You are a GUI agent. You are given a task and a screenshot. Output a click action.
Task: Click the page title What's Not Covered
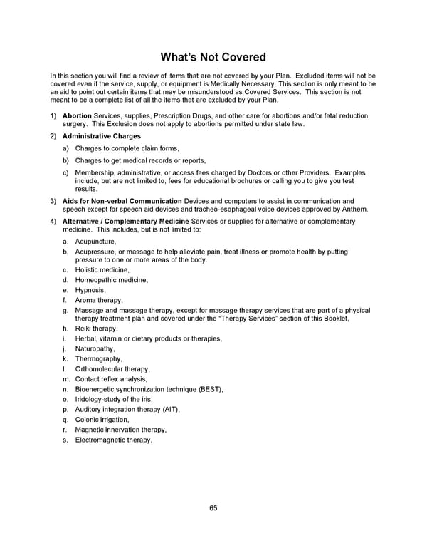(213, 57)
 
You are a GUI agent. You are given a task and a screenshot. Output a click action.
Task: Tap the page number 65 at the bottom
(213, 508)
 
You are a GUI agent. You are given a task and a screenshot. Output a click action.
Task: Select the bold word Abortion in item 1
(77, 115)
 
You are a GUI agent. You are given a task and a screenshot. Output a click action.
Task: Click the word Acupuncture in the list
(95, 242)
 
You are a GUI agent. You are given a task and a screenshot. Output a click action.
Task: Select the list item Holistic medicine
(102, 270)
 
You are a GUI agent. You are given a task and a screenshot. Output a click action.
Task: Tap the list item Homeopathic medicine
(112, 280)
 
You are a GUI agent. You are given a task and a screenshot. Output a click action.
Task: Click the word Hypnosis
(90, 290)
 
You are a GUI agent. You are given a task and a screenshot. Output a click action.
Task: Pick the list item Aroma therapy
(99, 301)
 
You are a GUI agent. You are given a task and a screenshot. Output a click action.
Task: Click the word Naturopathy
(95, 349)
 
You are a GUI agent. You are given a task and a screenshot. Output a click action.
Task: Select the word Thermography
(99, 359)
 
